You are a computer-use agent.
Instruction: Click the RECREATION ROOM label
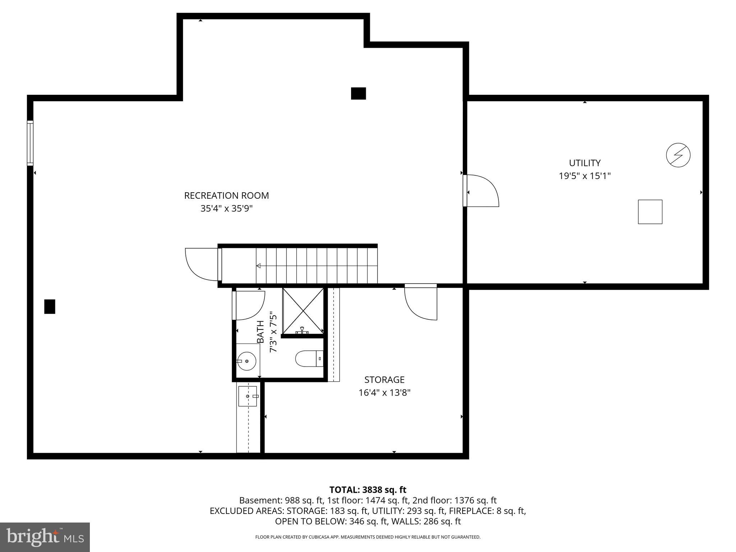(226, 195)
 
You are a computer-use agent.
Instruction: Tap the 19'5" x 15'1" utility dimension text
(585, 176)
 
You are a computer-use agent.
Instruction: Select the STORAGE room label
(384, 379)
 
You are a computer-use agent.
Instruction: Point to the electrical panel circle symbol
(678, 155)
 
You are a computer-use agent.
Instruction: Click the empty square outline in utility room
(650, 212)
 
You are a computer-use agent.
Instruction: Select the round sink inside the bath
(247, 361)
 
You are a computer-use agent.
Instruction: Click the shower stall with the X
(303, 310)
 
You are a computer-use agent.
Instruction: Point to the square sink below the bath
(248, 396)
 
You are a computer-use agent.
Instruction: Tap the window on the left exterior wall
(30, 143)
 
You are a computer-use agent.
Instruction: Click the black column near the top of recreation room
(358, 93)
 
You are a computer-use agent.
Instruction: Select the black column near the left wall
(50, 307)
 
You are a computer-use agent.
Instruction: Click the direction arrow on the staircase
(259, 266)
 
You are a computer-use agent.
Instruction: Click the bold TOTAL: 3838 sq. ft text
(368, 489)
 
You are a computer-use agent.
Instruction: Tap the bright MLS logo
(45, 537)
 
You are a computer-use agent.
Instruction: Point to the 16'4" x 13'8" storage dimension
(384, 392)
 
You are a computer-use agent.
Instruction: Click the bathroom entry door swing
(249, 305)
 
